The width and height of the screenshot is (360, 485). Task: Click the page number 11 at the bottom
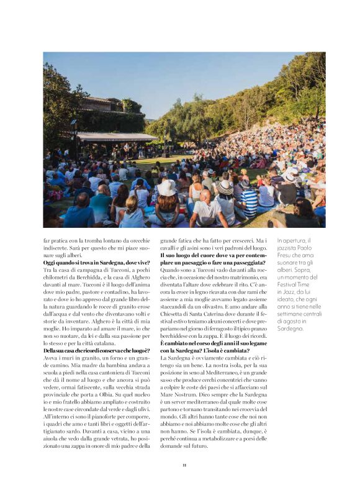[184, 465]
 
